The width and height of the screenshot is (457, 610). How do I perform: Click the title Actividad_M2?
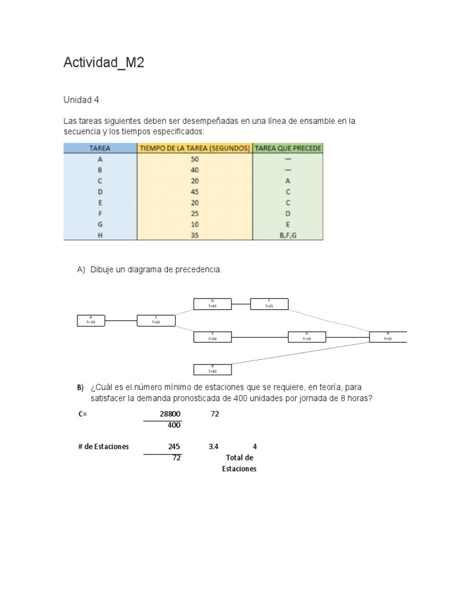pyautogui.click(x=104, y=63)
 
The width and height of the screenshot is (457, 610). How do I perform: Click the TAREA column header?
pyautogui.click(x=100, y=148)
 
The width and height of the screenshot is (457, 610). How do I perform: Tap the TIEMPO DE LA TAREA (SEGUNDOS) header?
pyautogui.click(x=195, y=148)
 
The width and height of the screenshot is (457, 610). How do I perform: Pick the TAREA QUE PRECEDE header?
pyautogui.click(x=288, y=148)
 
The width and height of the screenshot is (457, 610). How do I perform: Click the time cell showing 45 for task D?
pyautogui.click(x=195, y=192)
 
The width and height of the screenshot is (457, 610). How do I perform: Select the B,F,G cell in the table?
pyautogui.click(x=288, y=235)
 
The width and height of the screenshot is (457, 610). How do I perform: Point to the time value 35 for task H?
pyautogui.click(x=195, y=235)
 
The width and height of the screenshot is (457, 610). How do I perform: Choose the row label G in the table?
pyautogui.click(x=100, y=225)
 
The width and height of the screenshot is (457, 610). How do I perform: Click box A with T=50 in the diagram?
pyautogui.click(x=90, y=320)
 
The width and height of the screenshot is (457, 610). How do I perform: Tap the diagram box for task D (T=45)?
pyautogui.click(x=212, y=304)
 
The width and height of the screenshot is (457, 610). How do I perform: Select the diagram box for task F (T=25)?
pyautogui.click(x=269, y=304)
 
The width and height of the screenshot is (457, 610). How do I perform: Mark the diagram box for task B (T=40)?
pyautogui.click(x=212, y=369)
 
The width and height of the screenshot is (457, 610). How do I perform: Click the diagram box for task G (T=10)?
pyautogui.click(x=307, y=337)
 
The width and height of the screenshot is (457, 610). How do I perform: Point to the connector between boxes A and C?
pyautogui.click(x=121, y=320)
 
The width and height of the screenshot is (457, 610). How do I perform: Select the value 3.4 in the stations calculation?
pyautogui.click(x=214, y=446)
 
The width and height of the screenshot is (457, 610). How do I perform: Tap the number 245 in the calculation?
pyautogui.click(x=174, y=446)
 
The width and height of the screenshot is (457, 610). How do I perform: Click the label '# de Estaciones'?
pyautogui.click(x=103, y=446)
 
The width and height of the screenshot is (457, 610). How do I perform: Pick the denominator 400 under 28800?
pyautogui.click(x=174, y=425)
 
